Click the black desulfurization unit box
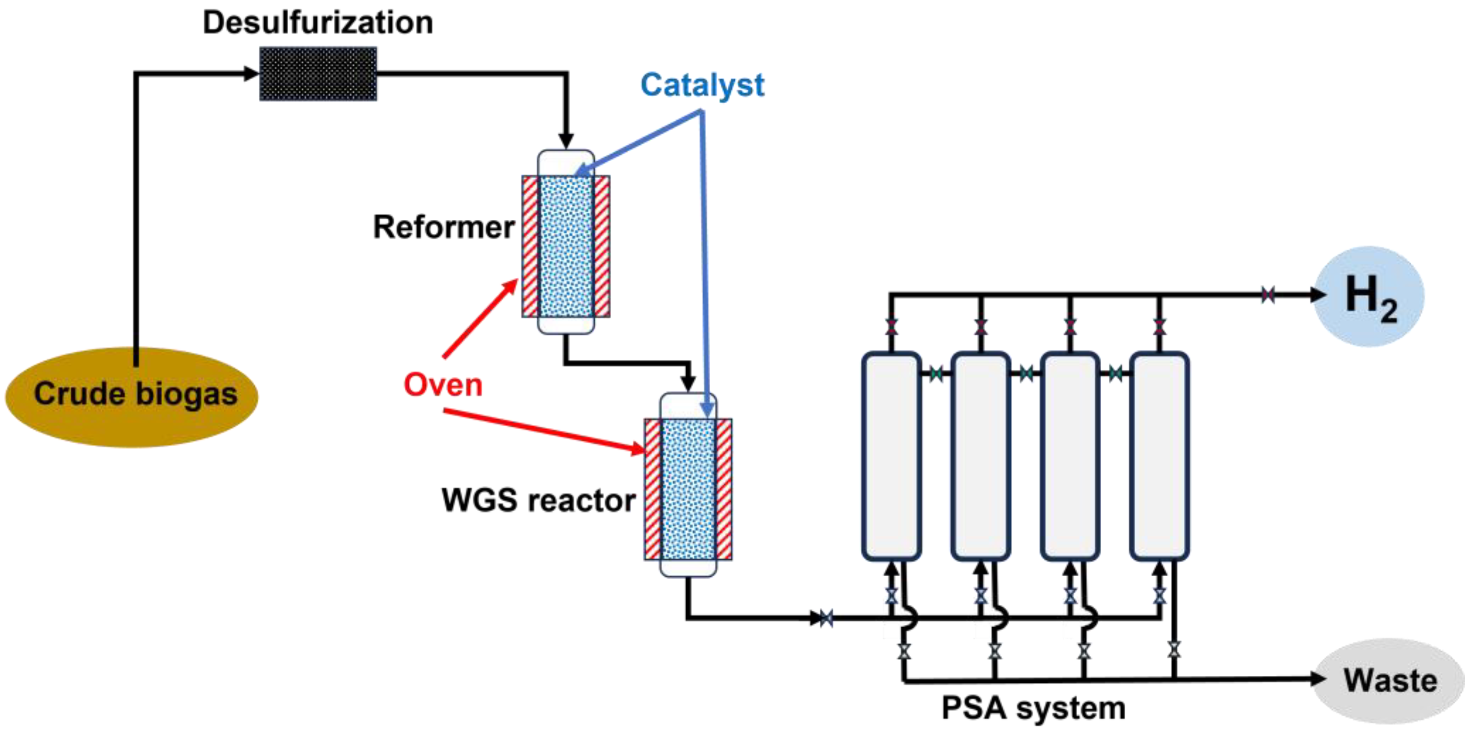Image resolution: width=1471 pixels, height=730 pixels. (318, 74)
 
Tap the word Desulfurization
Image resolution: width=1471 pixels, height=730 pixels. (318, 23)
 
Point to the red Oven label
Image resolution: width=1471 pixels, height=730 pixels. (443, 385)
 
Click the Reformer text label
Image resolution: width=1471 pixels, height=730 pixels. (444, 227)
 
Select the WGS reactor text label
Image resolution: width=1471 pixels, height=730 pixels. (539, 500)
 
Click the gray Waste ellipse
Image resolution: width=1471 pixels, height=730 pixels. (1389, 680)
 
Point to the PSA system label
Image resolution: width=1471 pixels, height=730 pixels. (1034, 708)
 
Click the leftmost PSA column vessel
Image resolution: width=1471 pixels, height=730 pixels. (891, 456)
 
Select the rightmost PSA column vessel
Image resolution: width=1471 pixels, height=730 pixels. (1159, 456)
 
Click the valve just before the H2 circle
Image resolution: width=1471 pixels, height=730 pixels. (1268, 295)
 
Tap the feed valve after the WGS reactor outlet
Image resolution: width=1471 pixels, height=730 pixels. (826, 618)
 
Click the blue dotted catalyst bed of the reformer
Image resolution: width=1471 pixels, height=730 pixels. (566, 247)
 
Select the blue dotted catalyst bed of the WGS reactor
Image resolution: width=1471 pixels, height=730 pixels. (688, 489)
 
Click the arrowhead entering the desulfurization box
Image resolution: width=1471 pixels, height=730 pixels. (251, 74)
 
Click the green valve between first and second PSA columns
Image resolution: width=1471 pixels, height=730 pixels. (936, 374)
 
